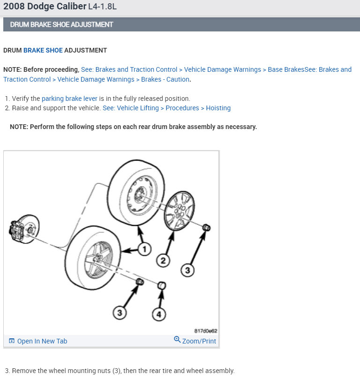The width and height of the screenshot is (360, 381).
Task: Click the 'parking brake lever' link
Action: pyautogui.click(x=69, y=99)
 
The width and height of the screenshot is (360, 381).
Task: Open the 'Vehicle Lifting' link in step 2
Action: pyautogui.click(x=138, y=108)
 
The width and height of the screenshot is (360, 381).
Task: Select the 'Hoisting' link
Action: pyautogui.click(x=218, y=108)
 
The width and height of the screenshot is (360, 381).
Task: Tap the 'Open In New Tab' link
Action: pyautogui.click(x=38, y=341)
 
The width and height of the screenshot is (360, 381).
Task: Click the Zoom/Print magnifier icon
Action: pyautogui.click(x=177, y=339)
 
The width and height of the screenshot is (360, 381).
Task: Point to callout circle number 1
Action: pyautogui.click(x=144, y=249)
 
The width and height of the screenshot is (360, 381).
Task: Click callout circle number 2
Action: pyautogui.click(x=163, y=260)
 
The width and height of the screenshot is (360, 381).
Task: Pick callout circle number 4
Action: pyautogui.click(x=159, y=314)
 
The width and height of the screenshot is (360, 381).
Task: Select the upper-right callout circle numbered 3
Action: pyautogui.click(x=187, y=270)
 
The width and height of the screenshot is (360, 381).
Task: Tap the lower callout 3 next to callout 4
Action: pyautogui.click(x=120, y=312)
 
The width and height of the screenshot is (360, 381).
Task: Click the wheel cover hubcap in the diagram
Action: pyautogui.click(x=180, y=211)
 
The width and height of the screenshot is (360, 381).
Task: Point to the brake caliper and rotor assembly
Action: pyautogui.click(x=24, y=229)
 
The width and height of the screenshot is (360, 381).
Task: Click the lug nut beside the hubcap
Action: pyautogui.click(x=206, y=228)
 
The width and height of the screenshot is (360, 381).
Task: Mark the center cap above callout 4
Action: pyautogui.click(x=162, y=285)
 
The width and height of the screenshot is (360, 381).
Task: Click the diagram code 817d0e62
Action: pyautogui.click(x=206, y=331)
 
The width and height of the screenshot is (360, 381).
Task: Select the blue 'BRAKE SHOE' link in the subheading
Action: pyautogui.click(x=43, y=50)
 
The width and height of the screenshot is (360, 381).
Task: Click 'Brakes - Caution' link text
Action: pyautogui.click(x=165, y=79)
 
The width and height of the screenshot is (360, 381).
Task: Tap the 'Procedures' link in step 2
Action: pyautogui.click(x=182, y=108)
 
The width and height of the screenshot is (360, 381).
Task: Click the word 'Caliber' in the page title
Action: pyautogui.click(x=71, y=6)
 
